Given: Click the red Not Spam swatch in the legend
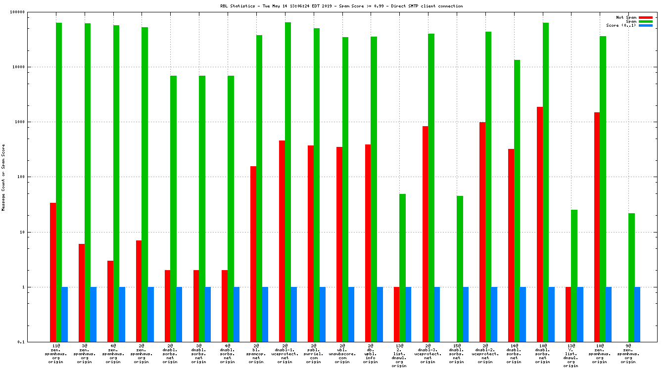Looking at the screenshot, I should pos(646,17).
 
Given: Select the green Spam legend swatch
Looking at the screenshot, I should pos(646,21).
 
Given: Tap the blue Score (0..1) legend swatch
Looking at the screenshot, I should pos(646,25).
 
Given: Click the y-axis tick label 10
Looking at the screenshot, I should pos(35,232).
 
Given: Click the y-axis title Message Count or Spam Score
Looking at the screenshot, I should pos(3,178).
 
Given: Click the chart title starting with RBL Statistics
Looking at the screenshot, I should pos(341,6).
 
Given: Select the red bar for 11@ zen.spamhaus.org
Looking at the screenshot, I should pos(53,272).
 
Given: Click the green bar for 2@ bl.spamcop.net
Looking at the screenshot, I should pos(259,188).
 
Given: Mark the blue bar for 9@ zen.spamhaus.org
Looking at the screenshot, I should pos(637,314).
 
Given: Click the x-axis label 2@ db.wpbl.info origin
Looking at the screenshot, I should pos(371,354).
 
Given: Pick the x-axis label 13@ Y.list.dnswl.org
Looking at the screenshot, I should pos(571,356).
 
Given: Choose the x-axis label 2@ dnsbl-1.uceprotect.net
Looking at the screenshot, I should pos(285,354).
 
